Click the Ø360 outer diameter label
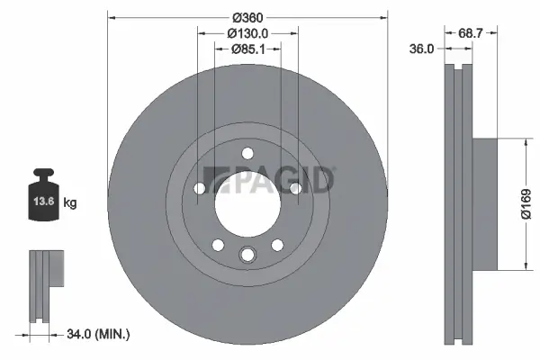(247, 18)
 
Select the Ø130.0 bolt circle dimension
(247, 33)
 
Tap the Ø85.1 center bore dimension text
(247, 49)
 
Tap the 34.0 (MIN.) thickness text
(99, 334)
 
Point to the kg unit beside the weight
(70, 203)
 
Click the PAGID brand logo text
(270, 179)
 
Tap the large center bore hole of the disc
(247, 203)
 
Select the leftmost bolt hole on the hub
(200, 188)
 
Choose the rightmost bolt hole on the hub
(295, 188)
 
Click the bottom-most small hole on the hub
(247, 256)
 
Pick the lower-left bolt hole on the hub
(217, 244)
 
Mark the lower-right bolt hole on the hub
(277, 244)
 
